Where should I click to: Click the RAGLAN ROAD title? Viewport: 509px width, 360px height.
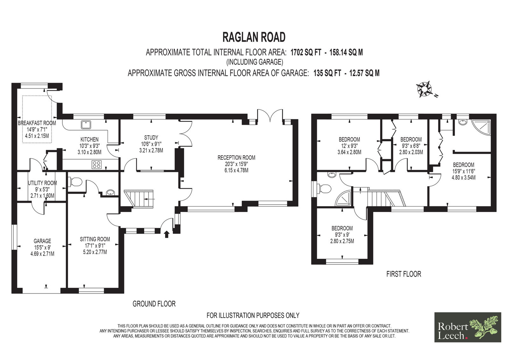click(x=254, y=37)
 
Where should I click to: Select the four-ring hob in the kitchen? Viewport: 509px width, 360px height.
click(x=97, y=165)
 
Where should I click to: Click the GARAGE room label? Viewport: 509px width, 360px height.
click(x=42, y=241)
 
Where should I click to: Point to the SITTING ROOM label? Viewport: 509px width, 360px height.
click(x=95, y=239)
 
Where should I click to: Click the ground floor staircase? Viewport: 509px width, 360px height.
click(x=139, y=199)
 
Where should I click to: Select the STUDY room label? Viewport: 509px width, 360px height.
click(x=151, y=138)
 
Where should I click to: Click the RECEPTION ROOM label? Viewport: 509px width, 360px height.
click(x=236, y=157)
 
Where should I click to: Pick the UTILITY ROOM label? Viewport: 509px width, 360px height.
click(x=42, y=183)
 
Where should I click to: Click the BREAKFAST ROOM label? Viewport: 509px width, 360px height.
click(x=37, y=123)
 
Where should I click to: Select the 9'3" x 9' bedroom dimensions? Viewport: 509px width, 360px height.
click(x=342, y=235)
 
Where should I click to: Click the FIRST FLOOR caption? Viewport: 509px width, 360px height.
click(x=404, y=274)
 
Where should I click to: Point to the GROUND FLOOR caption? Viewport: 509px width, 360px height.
click(x=154, y=304)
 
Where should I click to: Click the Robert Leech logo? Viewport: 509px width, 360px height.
click(x=468, y=327)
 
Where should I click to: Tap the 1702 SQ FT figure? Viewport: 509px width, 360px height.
click(x=306, y=53)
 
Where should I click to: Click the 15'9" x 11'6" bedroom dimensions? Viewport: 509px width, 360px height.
click(x=464, y=171)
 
